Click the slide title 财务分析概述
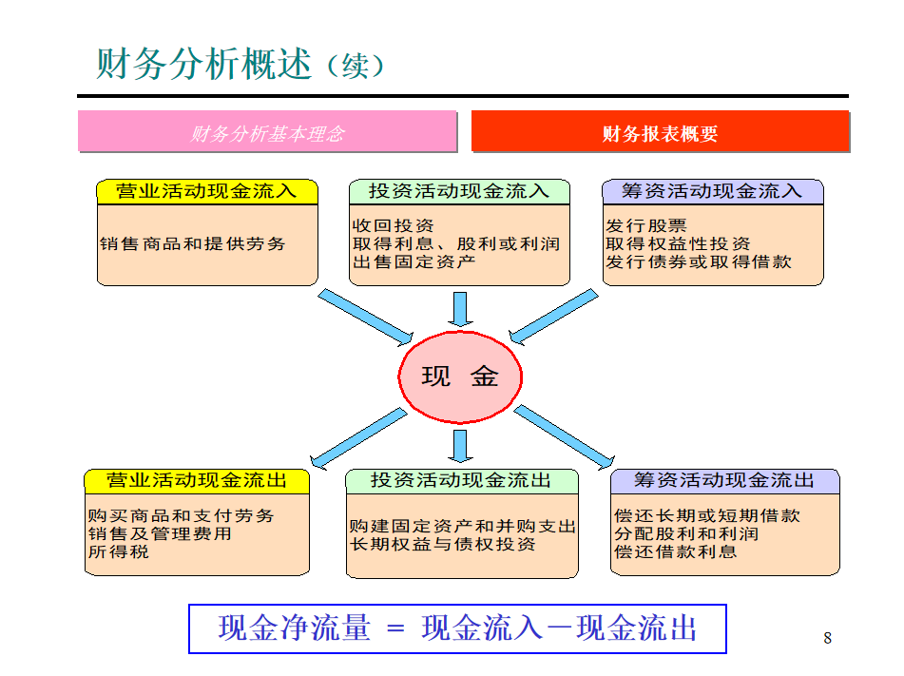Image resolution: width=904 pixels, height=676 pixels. click(203, 64)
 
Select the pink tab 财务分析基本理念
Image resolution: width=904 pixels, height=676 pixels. click(267, 133)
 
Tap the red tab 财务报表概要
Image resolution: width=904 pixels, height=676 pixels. click(660, 133)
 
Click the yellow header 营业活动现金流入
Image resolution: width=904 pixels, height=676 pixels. click(206, 191)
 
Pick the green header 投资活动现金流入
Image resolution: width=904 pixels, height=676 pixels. click(459, 191)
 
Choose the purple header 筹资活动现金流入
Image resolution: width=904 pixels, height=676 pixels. click(712, 191)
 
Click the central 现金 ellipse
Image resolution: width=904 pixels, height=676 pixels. click(460, 377)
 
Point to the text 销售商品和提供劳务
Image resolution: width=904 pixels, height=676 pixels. click(192, 243)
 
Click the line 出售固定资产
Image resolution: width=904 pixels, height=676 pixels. click(414, 261)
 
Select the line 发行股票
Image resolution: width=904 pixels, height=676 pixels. click(645, 225)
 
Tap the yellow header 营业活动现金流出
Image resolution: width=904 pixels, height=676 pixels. click(197, 480)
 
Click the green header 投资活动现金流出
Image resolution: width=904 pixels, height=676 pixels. click(461, 480)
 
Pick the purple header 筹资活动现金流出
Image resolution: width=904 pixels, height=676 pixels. click(724, 480)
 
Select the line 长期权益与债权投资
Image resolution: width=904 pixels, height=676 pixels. click(443, 544)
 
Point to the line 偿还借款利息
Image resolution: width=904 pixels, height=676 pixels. click(675, 551)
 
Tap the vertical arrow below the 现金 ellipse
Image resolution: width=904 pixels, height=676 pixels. click(461, 445)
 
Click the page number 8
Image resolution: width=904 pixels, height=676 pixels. click(827, 638)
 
